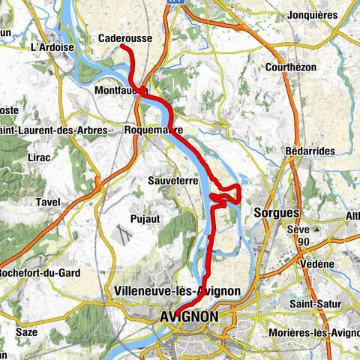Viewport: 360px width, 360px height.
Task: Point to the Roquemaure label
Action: point(154,130)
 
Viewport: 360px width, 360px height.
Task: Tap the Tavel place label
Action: point(48,202)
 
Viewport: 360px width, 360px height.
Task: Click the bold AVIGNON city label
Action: point(189,318)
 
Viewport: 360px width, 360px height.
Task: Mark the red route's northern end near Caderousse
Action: point(123,46)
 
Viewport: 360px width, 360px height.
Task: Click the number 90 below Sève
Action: point(303,242)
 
